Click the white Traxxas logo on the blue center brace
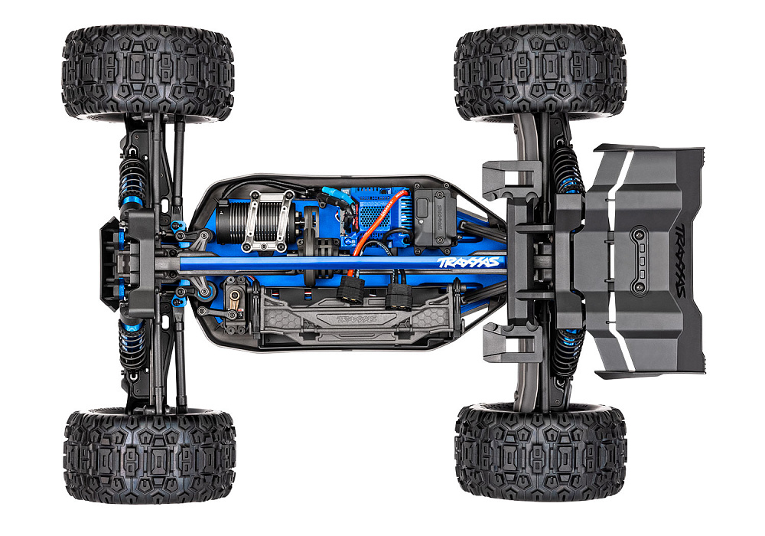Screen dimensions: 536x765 coord(470,263)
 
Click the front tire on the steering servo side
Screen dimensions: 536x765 coord(150,456)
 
